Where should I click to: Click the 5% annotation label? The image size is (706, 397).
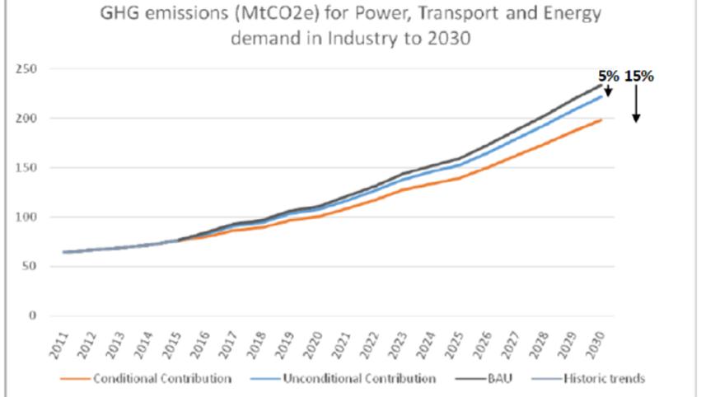608,76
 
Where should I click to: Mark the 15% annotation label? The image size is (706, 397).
638,76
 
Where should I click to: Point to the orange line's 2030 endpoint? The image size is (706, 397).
601,120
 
